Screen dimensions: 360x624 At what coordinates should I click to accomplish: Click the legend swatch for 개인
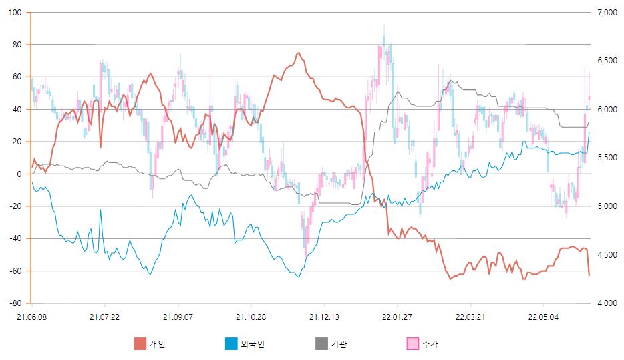coord(140,344)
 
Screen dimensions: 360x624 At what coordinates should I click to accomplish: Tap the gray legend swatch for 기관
coord(321,344)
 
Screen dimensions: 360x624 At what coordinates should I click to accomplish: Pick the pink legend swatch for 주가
coord(413,344)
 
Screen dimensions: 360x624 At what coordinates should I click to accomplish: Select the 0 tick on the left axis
coord(19,174)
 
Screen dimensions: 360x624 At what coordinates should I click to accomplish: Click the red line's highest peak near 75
coord(299,53)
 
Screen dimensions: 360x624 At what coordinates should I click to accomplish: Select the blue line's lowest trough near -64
coord(299,277)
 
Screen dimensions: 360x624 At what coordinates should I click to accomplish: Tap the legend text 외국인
coord(252,344)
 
